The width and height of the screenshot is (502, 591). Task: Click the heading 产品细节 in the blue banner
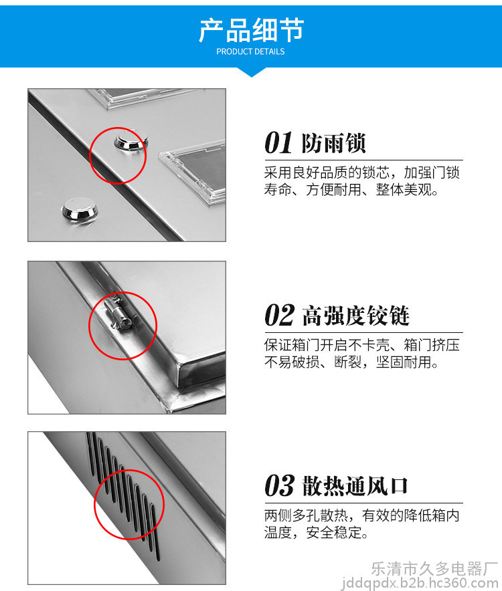[x=252, y=30]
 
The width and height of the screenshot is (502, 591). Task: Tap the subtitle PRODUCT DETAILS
[x=250, y=51]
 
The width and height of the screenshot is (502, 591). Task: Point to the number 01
[x=278, y=143]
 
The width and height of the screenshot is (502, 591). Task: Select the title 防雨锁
[x=333, y=143]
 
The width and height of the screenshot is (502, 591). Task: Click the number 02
[x=279, y=315]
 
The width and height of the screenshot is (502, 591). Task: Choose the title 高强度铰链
[x=355, y=316]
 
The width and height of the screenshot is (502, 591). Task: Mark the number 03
[x=279, y=485]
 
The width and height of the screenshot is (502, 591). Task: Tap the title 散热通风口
[x=355, y=485]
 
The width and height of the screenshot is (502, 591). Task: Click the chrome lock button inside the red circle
[x=131, y=142]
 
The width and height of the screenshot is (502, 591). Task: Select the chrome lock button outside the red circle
[x=80, y=209]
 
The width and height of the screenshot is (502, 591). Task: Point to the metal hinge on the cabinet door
[x=120, y=314]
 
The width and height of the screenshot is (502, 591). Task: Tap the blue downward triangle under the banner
[x=252, y=72]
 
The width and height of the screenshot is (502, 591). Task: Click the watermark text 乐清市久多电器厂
[x=434, y=568]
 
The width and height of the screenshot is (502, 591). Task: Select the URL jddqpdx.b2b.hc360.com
[x=420, y=584]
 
